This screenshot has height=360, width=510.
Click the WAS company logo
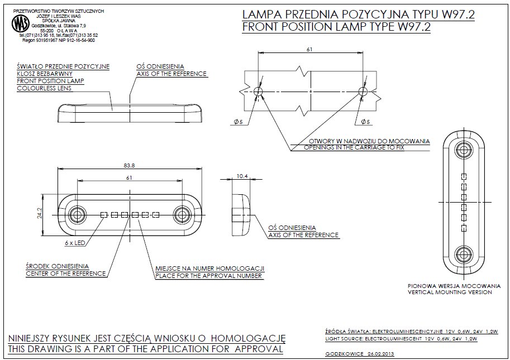21,23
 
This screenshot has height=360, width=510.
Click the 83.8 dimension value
130,165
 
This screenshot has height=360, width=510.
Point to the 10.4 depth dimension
242,176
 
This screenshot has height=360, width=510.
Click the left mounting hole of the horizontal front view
77,214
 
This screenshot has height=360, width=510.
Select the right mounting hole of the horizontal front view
181,214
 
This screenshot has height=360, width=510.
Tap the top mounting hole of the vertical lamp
463,150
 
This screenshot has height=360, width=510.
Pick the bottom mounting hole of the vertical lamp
463,253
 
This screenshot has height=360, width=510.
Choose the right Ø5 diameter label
366,121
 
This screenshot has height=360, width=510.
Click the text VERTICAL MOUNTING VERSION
450,292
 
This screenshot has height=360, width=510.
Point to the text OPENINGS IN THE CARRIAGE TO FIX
354,148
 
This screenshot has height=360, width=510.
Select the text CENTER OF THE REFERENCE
66,273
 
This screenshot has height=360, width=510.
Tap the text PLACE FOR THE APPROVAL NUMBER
209,276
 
